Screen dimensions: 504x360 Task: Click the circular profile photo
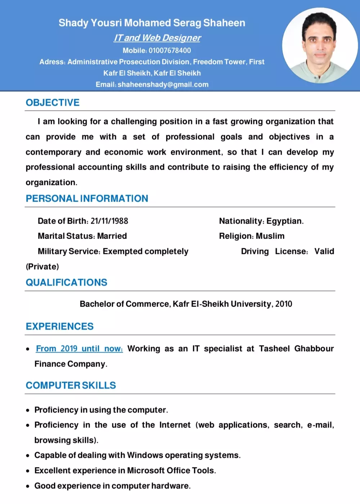pyautogui.click(x=319, y=46)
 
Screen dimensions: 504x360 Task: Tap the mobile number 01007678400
pyautogui.click(x=170, y=50)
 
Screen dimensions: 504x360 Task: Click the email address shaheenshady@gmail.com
pyautogui.click(x=163, y=85)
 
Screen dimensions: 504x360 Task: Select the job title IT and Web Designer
pyautogui.click(x=157, y=38)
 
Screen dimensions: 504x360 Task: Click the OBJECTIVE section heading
pyautogui.click(x=53, y=103)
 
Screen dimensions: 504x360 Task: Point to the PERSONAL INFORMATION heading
pyautogui.click(x=87, y=199)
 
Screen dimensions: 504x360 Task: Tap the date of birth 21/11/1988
pyautogui.click(x=109, y=221)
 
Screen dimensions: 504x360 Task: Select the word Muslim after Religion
pyautogui.click(x=270, y=236)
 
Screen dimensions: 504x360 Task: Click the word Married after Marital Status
pyautogui.click(x=112, y=236)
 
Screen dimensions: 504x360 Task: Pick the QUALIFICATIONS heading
pyautogui.click(x=66, y=282)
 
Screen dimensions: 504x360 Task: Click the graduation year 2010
pyautogui.click(x=284, y=304)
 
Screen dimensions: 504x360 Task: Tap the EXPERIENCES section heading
pyautogui.click(x=59, y=326)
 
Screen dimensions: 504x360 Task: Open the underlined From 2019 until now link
pyautogui.click(x=79, y=349)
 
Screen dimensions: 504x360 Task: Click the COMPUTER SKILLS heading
pyautogui.click(x=71, y=385)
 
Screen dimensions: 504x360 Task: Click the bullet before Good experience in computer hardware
pyautogui.click(x=28, y=486)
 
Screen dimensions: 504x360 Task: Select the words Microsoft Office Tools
pyautogui.click(x=171, y=471)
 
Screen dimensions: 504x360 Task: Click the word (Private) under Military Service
pyautogui.click(x=42, y=267)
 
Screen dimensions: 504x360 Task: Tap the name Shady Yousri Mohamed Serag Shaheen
pyautogui.click(x=152, y=23)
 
